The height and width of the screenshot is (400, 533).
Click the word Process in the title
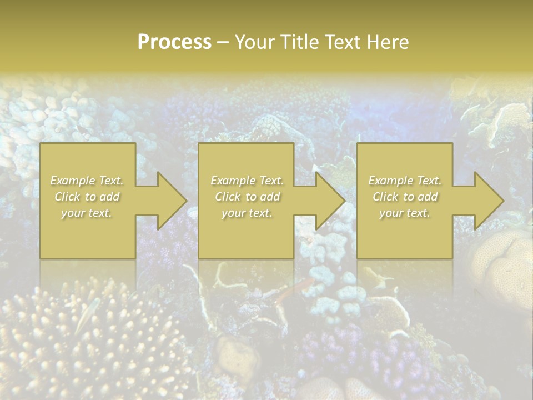coord(174,42)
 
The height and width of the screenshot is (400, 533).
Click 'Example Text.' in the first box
coord(87,181)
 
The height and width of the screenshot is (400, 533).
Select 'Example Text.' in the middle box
coord(247,181)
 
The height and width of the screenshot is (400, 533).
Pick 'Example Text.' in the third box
coord(405,181)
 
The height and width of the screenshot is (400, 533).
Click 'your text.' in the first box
coord(87,213)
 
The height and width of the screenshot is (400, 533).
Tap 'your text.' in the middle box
coord(247,213)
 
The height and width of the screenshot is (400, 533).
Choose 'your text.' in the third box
coord(404,213)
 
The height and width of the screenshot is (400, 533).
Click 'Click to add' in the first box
coord(87,197)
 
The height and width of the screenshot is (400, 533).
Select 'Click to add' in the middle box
coord(247,197)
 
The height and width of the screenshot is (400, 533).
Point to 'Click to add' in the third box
coord(405,197)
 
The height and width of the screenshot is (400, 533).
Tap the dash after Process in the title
coord(223,43)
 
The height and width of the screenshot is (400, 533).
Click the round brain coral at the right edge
coord(502,261)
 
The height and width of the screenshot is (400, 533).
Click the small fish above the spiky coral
coord(88,316)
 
